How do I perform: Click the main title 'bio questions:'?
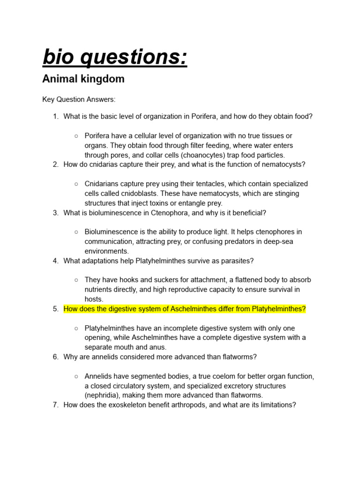(115, 58)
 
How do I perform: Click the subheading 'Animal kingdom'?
(83, 79)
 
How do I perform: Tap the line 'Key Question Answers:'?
(79, 100)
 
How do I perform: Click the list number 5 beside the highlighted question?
(55, 309)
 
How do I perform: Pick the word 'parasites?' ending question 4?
(237, 261)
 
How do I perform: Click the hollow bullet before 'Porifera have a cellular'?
(76, 136)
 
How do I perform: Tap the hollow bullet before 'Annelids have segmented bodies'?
(76, 376)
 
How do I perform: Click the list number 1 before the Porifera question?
(55, 116)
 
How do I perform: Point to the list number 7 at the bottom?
(55, 405)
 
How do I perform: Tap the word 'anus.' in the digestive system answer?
(157, 347)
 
